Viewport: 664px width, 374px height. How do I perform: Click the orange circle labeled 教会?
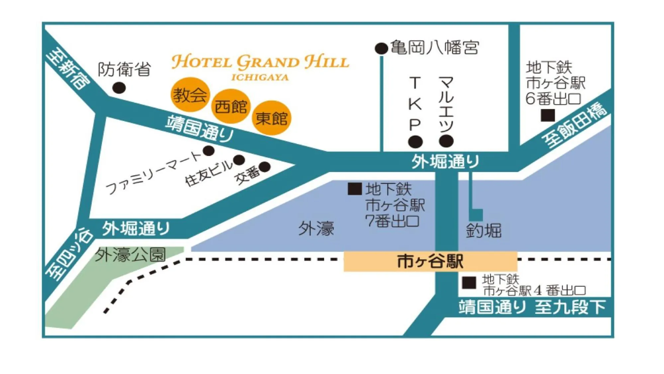[x=190, y=95]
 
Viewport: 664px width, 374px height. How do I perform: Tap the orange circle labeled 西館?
[x=231, y=106]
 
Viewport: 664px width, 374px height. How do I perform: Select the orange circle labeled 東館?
[x=271, y=118]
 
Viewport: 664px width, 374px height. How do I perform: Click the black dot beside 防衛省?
[x=119, y=88]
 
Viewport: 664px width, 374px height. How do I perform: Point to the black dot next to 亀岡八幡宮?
[x=381, y=49]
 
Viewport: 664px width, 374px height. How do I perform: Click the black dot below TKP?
[x=415, y=142]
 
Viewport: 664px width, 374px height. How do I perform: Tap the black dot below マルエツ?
[x=446, y=141]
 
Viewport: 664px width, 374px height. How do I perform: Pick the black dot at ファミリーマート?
[x=209, y=151]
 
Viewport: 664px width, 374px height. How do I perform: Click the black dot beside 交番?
[x=265, y=167]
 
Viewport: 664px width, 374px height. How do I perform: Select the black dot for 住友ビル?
[x=239, y=160]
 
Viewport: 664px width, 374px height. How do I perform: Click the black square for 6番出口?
[x=548, y=115]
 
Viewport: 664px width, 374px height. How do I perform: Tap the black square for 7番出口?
[x=354, y=189]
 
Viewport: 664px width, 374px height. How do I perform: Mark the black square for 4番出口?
[x=469, y=283]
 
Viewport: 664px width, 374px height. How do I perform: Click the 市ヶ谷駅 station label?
[x=430, y=261]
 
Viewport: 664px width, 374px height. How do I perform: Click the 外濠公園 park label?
[x=130, y=255]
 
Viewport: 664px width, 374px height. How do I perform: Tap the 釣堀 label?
[x=483, y=231]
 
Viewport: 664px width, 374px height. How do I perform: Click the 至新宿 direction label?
[x=68, y=69]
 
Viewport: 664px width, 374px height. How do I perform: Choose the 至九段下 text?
[x=570, y=307]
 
